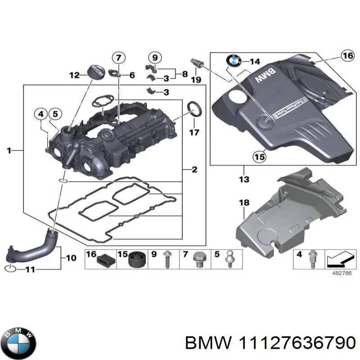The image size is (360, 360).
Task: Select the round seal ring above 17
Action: point(194,109)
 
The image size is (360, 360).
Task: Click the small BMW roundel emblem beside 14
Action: point(234,61)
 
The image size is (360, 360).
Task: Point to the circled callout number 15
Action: point(259,156)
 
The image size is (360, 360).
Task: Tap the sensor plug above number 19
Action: point(197,63)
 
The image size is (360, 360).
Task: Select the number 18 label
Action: point(243,203)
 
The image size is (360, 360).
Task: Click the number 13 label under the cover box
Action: point(243,180)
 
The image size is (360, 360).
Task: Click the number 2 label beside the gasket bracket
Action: point(194,170)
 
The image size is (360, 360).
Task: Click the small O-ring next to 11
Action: point(12,269)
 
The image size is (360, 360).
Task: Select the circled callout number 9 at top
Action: point(154,58)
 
